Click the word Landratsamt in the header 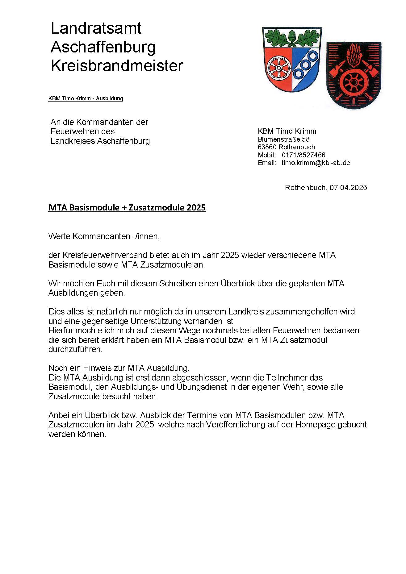point(96,28)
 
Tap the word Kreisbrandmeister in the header point(117,66)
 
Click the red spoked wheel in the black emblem point(352,83)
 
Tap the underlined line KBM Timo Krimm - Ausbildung point(86,98)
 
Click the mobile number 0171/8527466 point(303,155)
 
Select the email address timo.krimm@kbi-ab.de point(316,163)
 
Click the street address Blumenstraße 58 point(283,139)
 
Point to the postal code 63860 point(267,147)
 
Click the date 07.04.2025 point(348,188)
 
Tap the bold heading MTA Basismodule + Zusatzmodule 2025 point(127,208)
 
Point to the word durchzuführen point(75,349)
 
